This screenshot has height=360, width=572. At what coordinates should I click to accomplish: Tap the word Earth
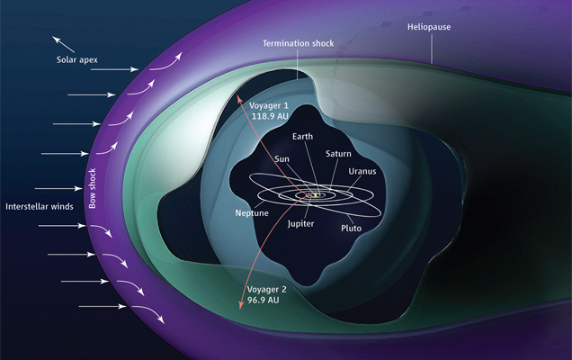pos(304,139)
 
